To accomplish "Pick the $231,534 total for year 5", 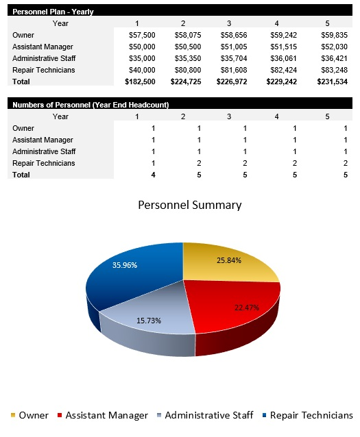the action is pyautogui.click(x=334, y=82).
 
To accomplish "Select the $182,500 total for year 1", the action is pyautogui.click(x=141, y=82).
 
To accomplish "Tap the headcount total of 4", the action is pyautogui.click(x=154, y=175).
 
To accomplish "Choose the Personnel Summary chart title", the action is pyautogui.click(x=190, y=205).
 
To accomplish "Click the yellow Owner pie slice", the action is pyautogui.click(x=226, y=264).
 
